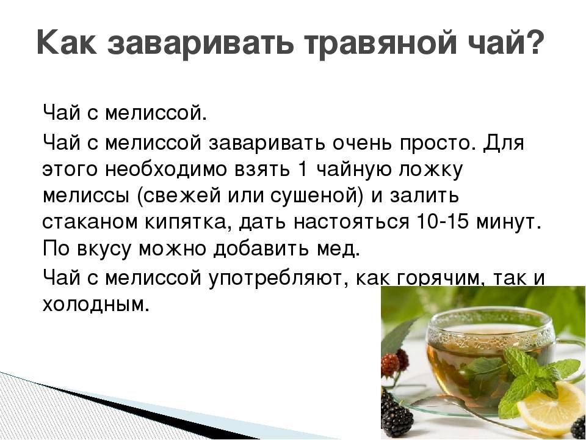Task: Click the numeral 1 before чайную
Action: click(x=303, y=169)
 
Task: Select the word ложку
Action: click(x=432, y=171)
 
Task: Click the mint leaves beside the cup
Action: click(x=538, y=378)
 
